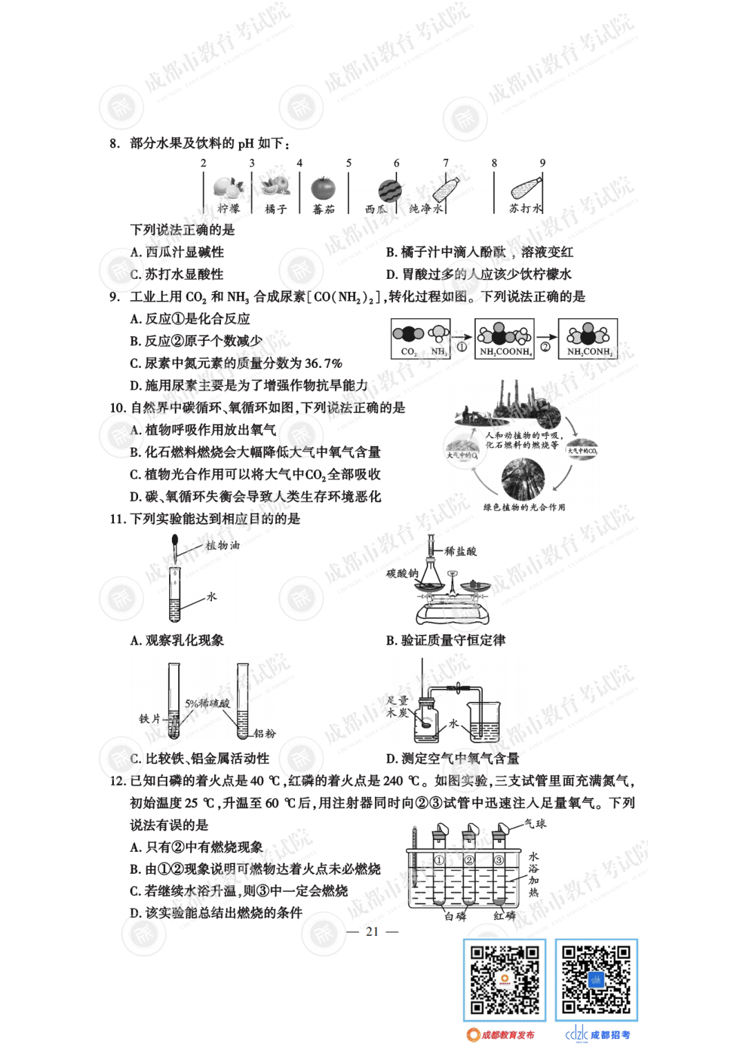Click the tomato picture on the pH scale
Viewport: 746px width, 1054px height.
[x=323, y=188]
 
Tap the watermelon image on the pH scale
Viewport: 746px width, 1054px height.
[x=390, y=190]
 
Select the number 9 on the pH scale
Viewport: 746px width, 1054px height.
[x=542, y=163]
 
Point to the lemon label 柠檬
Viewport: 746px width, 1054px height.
[x=229, y=208]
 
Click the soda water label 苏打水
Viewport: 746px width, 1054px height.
[x=525, y=208]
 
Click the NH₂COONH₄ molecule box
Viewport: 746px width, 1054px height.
[x=505, y=339]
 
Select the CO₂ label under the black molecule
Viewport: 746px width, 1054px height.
[x=408, y=351]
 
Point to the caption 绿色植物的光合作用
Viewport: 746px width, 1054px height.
[x=524, y=507]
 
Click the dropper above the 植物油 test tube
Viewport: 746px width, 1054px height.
[x=175, y=548]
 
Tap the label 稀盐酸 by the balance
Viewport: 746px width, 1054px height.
[x=460, y=551]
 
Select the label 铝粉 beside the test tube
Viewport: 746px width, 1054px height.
[x=265, y=733]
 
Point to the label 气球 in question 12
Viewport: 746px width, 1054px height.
[x=535, y=823]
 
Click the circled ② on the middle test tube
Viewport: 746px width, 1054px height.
[x=470, y=860]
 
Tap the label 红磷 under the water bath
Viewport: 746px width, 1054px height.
[x=504, y=916]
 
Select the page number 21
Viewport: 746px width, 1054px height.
[x=372, y=931]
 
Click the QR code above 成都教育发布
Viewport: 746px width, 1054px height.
[x=504, y=980]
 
